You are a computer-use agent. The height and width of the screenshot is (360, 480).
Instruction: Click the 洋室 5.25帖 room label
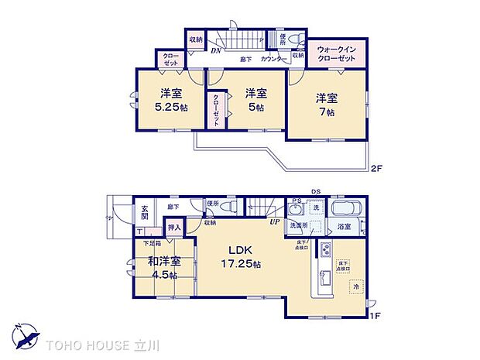point(167,99)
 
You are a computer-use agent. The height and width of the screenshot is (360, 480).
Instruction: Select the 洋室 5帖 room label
point(252,99)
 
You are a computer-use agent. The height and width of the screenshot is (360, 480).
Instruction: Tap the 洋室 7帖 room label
point(324,104)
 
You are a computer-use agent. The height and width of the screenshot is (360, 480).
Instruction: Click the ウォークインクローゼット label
point(336,53)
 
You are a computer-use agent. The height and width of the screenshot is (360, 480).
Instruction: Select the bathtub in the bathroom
point(344,209)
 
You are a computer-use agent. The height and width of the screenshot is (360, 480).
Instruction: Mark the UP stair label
point(273,222)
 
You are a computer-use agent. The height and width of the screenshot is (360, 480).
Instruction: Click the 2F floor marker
point(375,168)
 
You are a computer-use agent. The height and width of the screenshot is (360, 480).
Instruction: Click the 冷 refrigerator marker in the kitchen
point(356,287)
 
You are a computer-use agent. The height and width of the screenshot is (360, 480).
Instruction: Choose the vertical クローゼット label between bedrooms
point(215,109)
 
